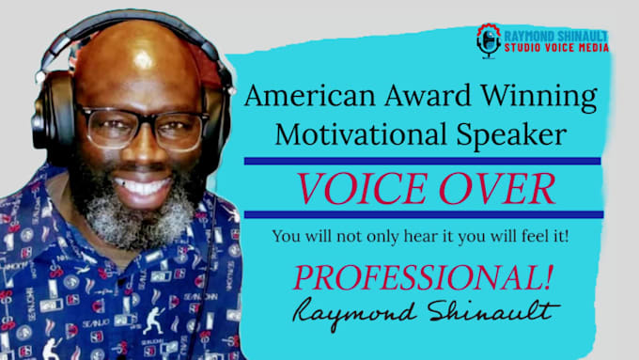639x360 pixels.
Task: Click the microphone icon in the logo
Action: [x=488, y=40]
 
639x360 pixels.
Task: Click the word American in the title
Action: [x=302, y=97]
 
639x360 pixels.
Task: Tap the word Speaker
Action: [x=511, y=133]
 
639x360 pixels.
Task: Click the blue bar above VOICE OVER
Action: [x=422, y=161]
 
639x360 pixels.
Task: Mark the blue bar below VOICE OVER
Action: [x=422, y=215]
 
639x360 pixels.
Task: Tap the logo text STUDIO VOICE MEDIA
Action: [x=556, y=47]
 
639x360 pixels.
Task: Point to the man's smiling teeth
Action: [x=142, y=186]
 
